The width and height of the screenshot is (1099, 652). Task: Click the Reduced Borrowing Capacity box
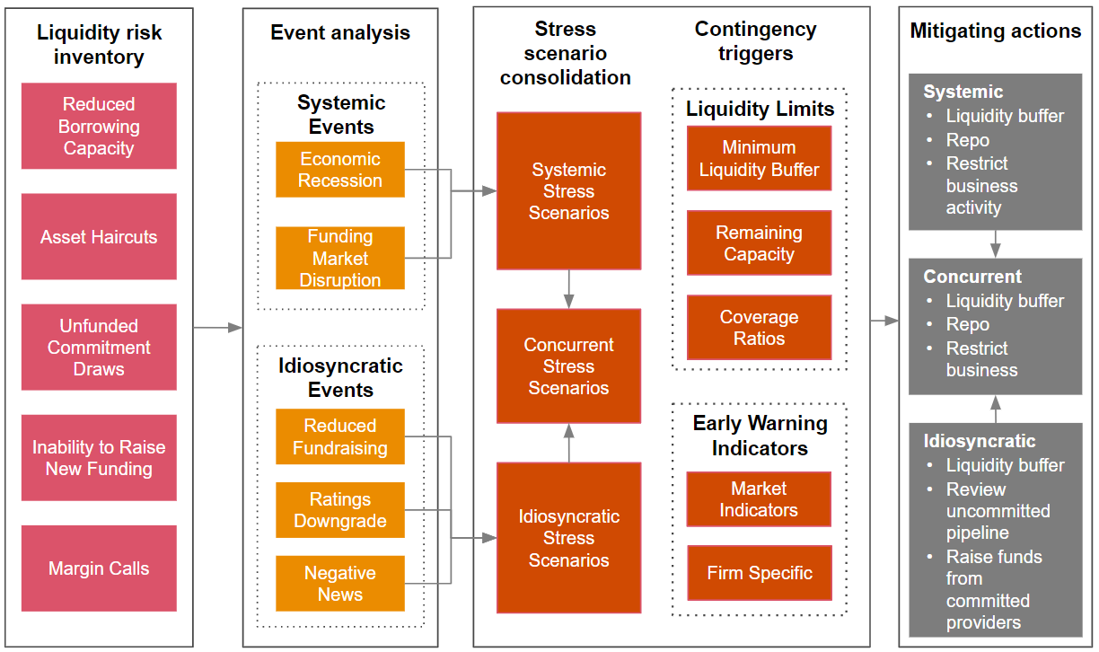[99, 127]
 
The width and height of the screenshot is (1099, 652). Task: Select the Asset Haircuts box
[99, 237]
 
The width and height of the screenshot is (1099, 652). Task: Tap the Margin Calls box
[99, 568]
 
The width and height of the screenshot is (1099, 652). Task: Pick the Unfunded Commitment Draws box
[99, 348]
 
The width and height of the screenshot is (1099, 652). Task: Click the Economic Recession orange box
[340, 170]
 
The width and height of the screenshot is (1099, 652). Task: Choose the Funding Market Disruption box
[340, 258]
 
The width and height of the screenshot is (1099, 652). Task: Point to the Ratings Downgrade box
[340, 510]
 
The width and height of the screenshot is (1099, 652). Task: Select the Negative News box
[340, 584]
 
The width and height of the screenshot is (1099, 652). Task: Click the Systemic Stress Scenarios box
[568, 191]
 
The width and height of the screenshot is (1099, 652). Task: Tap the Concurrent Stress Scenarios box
[568, 366]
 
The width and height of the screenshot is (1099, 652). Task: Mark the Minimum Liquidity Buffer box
[759, 158]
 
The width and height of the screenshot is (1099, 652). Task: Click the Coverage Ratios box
[759, 328]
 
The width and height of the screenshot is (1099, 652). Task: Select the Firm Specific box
[759, 573]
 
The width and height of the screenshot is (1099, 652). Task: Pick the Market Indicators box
[759, 499]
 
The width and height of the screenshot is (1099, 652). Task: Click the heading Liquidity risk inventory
[99, 45]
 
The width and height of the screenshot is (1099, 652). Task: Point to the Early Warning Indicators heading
[759, 436]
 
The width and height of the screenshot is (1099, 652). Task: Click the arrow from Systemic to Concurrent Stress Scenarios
[568, 289]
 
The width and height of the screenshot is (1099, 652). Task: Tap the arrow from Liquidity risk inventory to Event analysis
[218, 328]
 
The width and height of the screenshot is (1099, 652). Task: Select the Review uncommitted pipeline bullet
[998, 511]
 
